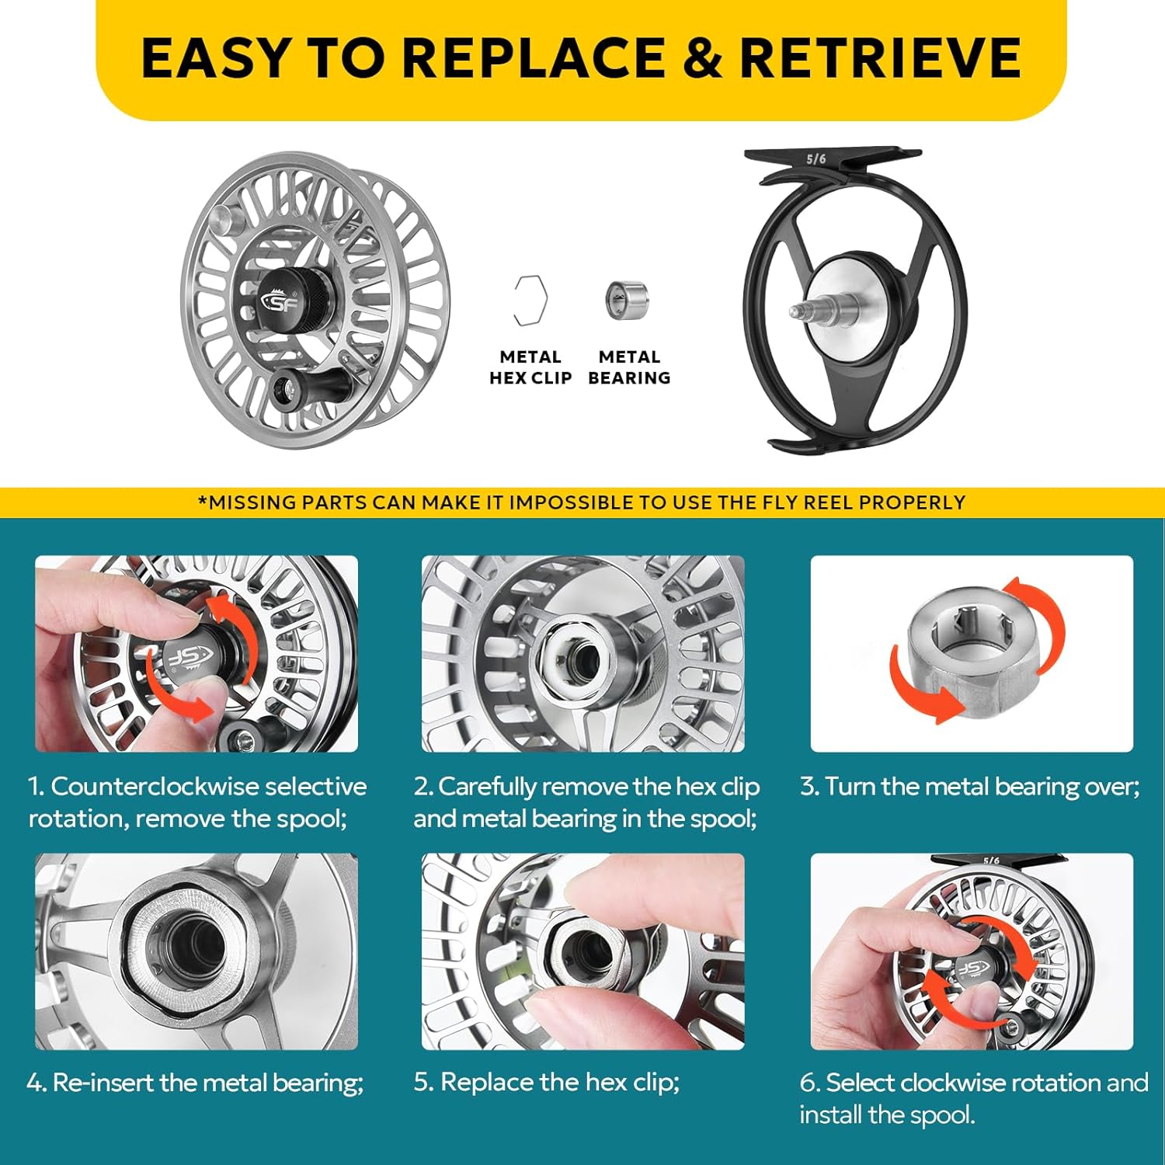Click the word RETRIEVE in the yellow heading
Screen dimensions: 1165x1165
pyautogui.click(x=880, y=57)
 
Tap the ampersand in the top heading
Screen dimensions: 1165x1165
pyautogui.click(x=702, y=57)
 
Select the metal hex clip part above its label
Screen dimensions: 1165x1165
pyautogui.click(x=530, y=301)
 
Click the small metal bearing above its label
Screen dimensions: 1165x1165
pyautogui.click(x=626, y=300)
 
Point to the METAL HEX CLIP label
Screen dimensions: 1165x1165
pyautogui.click(x=530, y=367)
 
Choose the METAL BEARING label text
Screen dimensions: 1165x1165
pyautogui.click(x=629, y=367)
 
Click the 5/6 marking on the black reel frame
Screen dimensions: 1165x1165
pyautogui.click(x=816, y=159)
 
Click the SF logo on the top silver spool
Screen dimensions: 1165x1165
pyautogui.click(x=281, y=301)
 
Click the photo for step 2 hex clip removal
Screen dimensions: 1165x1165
pyautogui.click(x=582, y=654)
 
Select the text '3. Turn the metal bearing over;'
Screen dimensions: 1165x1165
pyautogui.click(x=970, y=787)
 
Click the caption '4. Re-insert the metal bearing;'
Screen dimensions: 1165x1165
pyautogui.click(x=195, y=1083)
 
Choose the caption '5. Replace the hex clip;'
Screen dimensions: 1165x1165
pyautogui.click(x=547, y=1083)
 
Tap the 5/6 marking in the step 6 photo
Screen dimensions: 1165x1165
pyautogui.click(x=991, y=861)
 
